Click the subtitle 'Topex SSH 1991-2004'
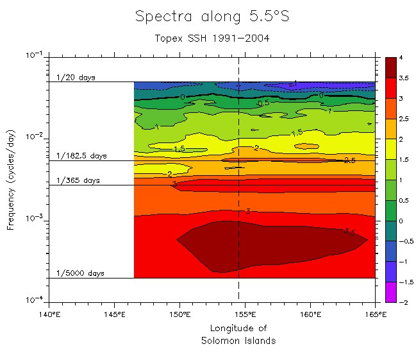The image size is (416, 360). (x=212, y=39)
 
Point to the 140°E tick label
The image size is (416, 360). (x=49, y=314)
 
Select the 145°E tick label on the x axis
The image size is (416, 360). (x=114, y=314)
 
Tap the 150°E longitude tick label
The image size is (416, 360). (x=179, y=314)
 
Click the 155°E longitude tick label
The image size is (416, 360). (x=245, y=314)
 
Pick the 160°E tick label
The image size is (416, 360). (x=310, y=314)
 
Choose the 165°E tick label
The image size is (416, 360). (x=376, y=314)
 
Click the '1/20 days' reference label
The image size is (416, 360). (x=76, y=78)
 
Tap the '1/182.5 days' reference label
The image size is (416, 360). (x=81, y=156)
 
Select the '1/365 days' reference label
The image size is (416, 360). (x=78, y=181)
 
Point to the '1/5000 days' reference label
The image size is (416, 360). (x=80, y=273)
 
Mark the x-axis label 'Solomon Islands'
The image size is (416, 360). (x=238, y=341)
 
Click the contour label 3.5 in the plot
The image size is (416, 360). (x=349, y=232)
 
